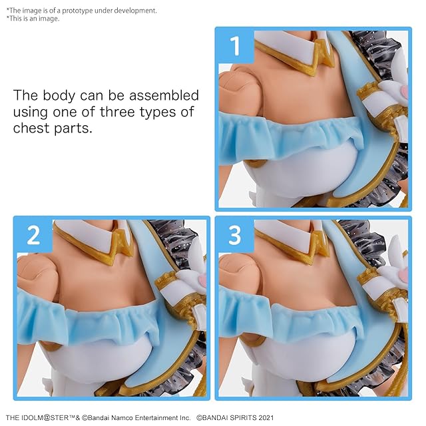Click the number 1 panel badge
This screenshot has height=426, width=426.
pos(235,46)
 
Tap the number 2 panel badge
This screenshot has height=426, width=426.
pos(34,236)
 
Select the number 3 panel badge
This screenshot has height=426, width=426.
pos(235,236)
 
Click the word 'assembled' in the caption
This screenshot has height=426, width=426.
pos(164,95)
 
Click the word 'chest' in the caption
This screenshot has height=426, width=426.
pos(31,128)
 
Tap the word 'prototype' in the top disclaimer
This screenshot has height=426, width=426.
pos(77,11)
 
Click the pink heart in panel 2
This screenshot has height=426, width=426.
pos(202,280)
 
